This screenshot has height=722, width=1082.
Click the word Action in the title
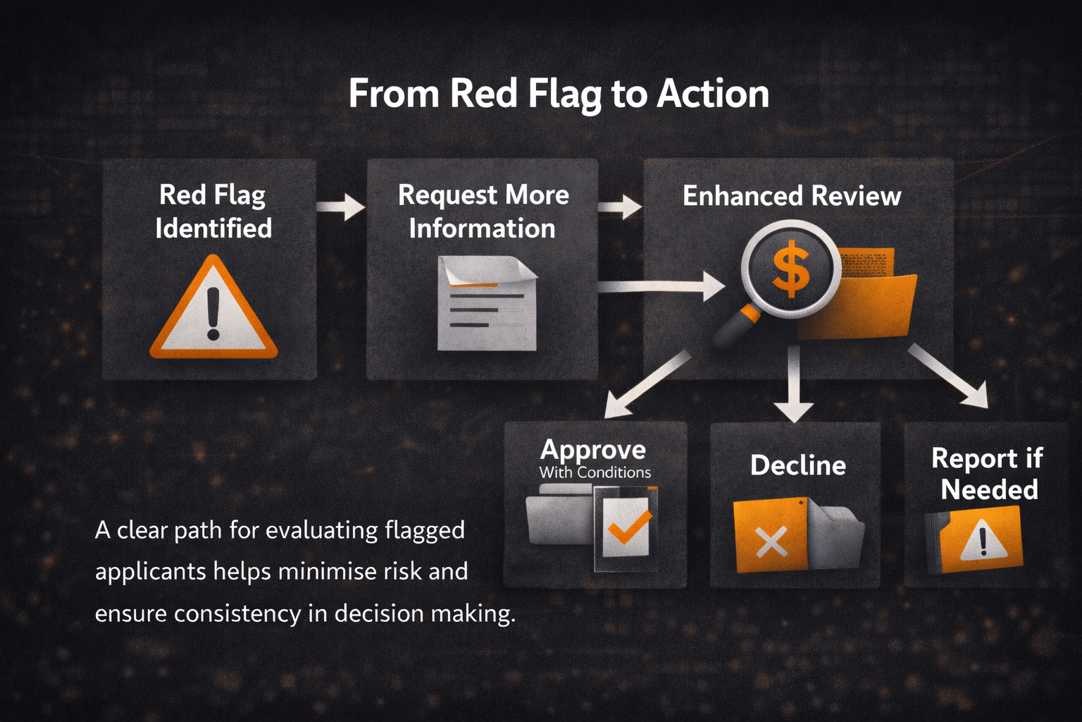pyautogui.click(x=712, y=94)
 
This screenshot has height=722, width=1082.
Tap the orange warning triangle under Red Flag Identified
pyautogui.click(x=213, y=310)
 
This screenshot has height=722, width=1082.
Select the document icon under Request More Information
pyautogui.click(x=486, y=304)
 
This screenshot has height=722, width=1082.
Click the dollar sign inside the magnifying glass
pyautogui.click(x=791, y=269)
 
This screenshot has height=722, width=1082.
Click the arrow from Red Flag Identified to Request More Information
pyautogui.click(x=341, y=207)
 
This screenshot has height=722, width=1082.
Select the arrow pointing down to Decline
pyautogui.click(x=794, y=386)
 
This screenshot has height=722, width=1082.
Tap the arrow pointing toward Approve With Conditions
pyautogui.click(x=647, y=384)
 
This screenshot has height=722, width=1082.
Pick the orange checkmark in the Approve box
pyautogui.click(x=628, y=527)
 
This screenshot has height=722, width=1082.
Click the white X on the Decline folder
pyautogui.click(x=771, y=541)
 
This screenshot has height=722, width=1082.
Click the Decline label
pyautogui.click(x=798, y=465)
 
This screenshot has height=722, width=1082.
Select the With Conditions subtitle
pyautogui.click(x=595, y=472)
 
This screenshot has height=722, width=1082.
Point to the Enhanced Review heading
pyautogui.click(x=792, y=196)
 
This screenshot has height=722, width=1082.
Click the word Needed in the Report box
pyautogui.click(x=989, y=489)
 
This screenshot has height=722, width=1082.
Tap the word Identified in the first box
pyautogui.click(x=213, y=228)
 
